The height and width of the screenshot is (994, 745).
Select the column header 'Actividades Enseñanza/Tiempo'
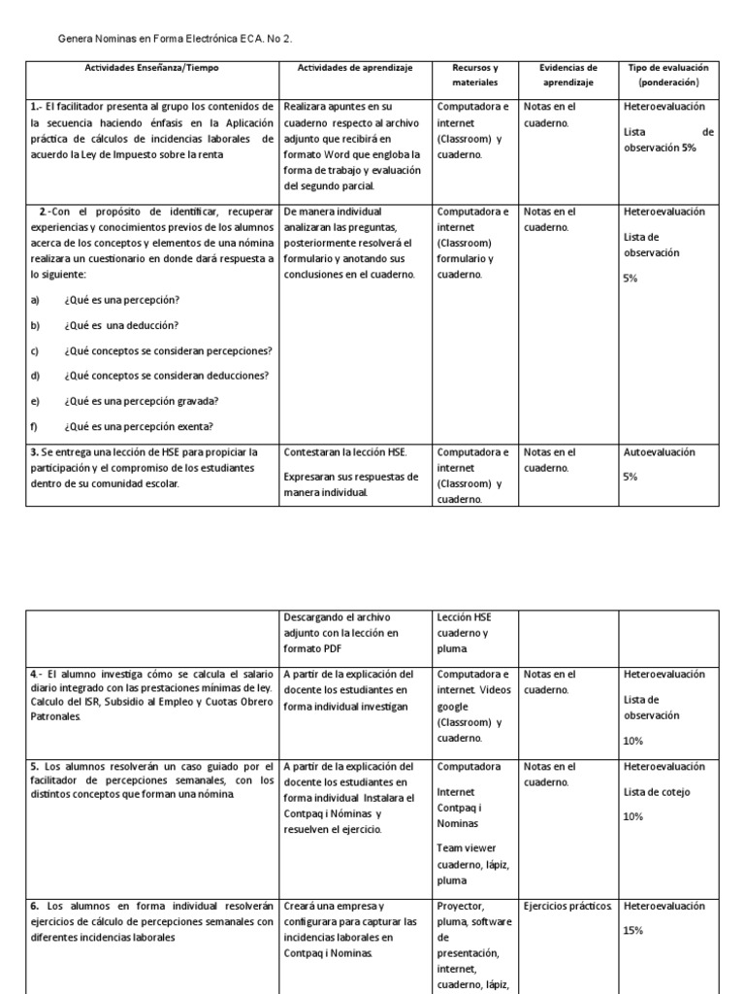151,68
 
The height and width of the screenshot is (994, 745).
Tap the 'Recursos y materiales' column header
475,75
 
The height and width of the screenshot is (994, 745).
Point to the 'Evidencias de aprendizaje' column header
567,75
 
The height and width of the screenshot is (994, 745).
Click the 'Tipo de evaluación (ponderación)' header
668,75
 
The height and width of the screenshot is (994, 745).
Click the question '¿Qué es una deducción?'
120,325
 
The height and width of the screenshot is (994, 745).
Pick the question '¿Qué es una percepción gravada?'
139,401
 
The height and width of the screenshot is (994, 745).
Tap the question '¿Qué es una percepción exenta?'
138,426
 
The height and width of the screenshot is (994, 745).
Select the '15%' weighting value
633,930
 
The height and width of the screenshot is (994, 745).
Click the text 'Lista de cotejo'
657,791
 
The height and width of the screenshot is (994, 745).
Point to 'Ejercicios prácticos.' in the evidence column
567,906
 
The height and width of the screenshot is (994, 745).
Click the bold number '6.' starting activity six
35,906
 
